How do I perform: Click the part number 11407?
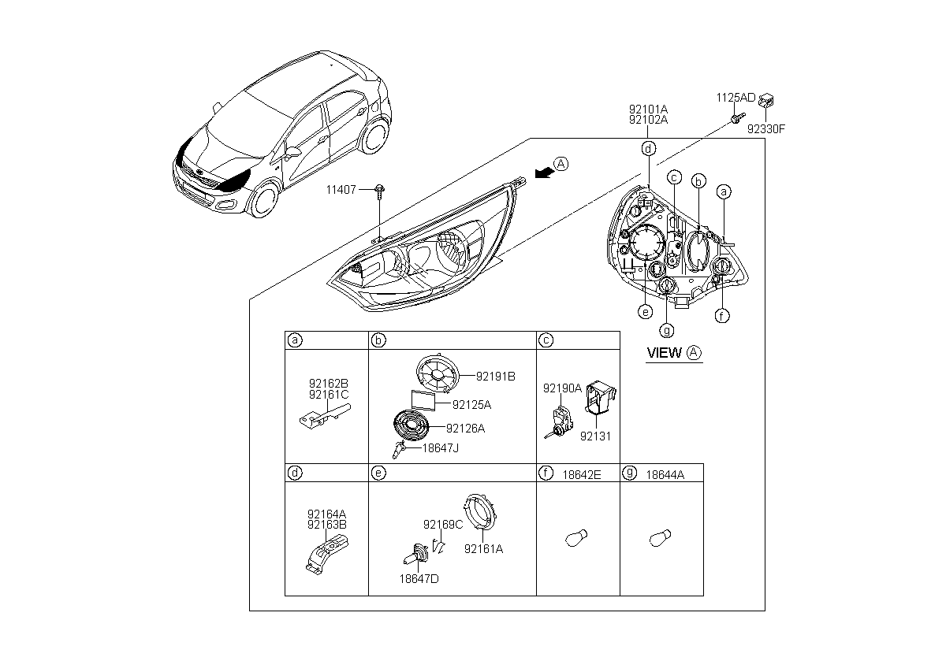341,190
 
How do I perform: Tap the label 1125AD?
736,98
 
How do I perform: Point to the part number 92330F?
766,129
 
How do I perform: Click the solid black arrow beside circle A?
545,173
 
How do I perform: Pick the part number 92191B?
496,377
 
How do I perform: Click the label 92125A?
471,405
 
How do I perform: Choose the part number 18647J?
441,448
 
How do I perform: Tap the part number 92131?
595,436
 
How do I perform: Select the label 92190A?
563,388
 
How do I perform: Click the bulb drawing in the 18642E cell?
576,538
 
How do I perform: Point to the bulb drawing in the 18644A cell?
660,538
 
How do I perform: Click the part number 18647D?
419,579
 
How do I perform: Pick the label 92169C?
443,525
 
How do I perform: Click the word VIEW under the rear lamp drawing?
665,353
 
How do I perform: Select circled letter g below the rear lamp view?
667,330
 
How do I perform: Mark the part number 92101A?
648,110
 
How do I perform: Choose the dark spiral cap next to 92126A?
412,425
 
